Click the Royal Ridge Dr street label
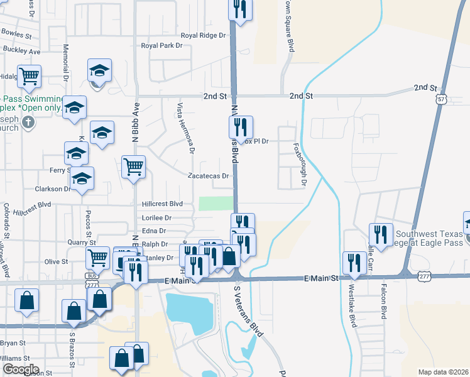[x=202, y=36]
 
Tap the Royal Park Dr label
[x=161, y=46]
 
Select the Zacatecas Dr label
[x=207, y=177]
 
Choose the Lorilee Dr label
[x=156, y=218]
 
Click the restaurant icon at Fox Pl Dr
[x=241, y=127]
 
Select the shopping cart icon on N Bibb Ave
[x=133, y=167]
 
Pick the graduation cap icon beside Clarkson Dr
[x=82, y=178]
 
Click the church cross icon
[x=28, y=124]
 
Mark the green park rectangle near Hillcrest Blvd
[x=216, y=204]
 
